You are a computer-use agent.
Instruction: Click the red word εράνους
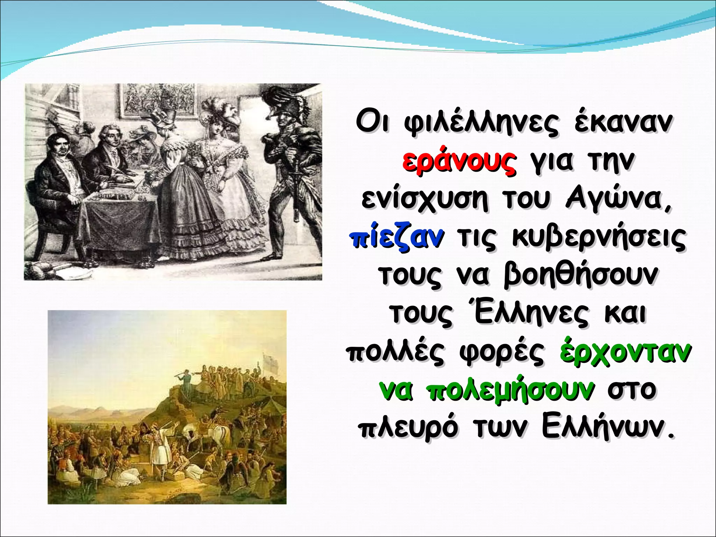(x=459, y=163)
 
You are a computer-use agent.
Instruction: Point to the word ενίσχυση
(x=424, y=200)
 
